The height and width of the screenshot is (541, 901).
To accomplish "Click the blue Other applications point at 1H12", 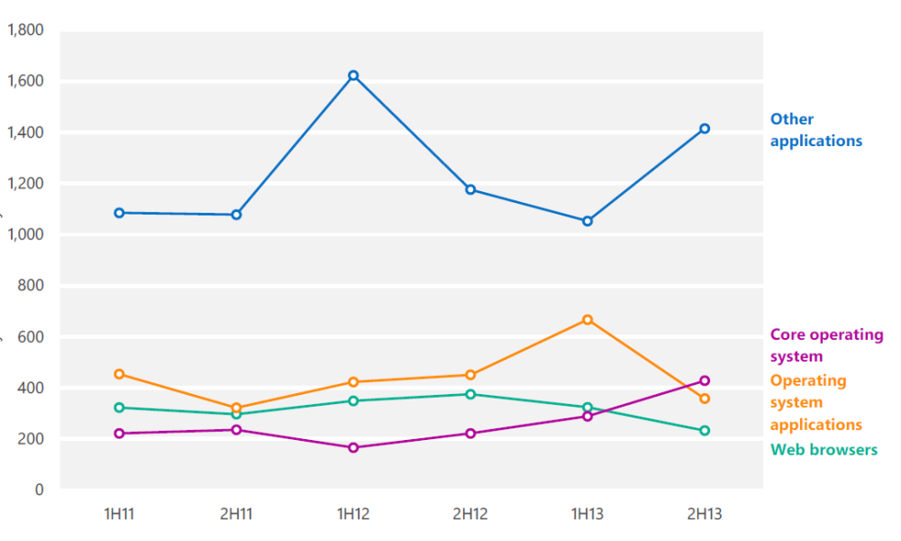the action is click(353, 76).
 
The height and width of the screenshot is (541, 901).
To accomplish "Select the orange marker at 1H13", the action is click(587, 320).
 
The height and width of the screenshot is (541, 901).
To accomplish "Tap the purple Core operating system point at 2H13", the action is click(705, 381).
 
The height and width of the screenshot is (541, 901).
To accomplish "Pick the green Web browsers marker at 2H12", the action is click(470, 394).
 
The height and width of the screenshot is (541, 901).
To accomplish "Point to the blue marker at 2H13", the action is click(705, 129).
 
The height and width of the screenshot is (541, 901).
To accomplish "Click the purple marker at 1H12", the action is click(353, 447).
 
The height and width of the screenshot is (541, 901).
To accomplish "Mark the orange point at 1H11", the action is click(120, 374).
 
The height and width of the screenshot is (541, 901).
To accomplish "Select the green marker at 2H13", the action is click(705, 431).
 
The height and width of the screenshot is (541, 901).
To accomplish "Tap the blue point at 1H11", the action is click(120, 214).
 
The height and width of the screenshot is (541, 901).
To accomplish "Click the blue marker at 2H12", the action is click(470, 189).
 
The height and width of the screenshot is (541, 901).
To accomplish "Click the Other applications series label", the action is click(816, 130).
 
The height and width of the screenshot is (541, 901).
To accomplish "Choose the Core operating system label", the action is click(826, 345).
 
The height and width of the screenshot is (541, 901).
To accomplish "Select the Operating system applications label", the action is click(816, 402).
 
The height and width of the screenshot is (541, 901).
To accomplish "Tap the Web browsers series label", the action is click(824, 450).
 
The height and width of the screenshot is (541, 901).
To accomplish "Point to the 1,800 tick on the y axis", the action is click(25, 30).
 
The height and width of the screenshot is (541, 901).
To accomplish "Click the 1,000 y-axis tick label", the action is click(25, 234).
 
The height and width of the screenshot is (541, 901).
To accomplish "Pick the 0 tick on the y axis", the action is click(39, 490).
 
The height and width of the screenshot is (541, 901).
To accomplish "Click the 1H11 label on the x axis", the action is click(119, 513).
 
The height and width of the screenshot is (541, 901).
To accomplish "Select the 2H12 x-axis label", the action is click(470, 513).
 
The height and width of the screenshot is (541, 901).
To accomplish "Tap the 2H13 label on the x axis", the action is click(705, 513).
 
